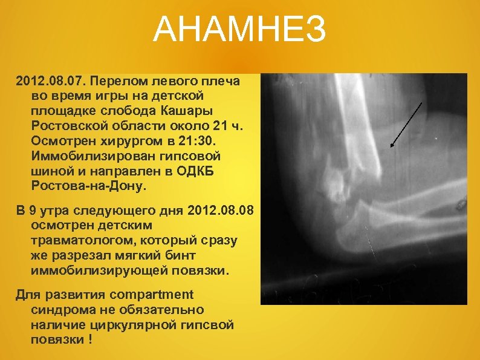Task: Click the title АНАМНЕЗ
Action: point(239,30)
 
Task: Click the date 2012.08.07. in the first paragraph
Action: point(46,80)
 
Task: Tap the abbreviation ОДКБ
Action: point(190,170)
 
